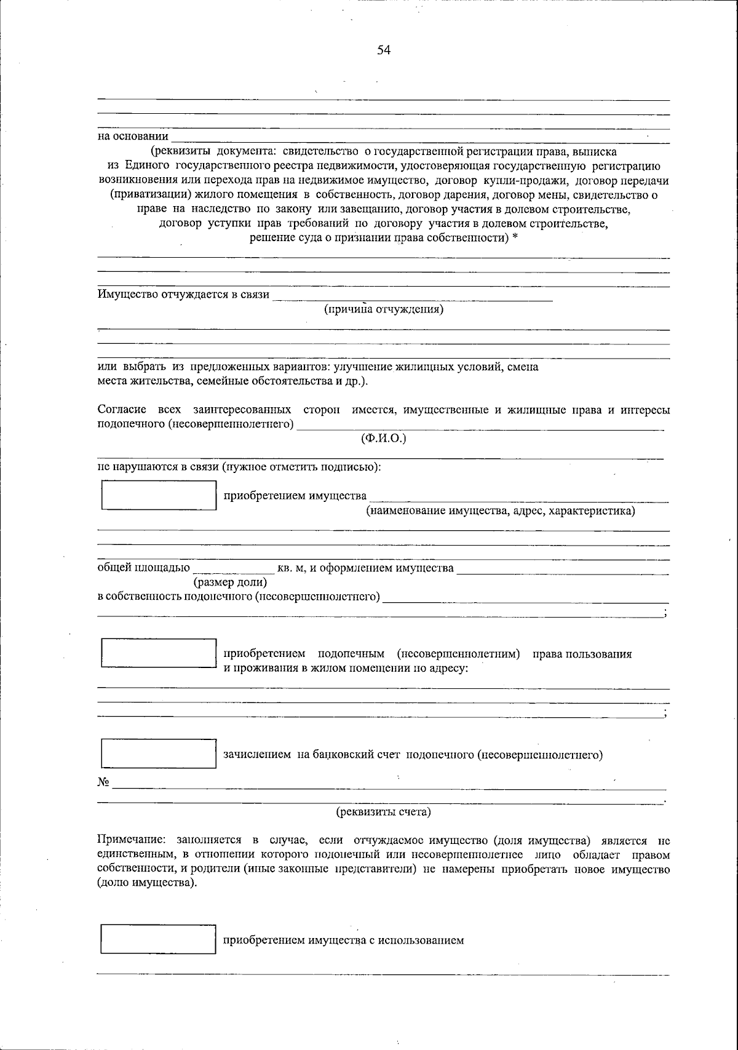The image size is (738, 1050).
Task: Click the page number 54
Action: (x=384, y=50)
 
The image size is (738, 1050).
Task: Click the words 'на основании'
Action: (x=133, y=137)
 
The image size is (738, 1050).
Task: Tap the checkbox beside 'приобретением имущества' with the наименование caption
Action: (x=159, y=495)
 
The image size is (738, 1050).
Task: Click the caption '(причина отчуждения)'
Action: (x=384, y=309)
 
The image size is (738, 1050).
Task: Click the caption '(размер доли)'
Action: (x=230, y=582)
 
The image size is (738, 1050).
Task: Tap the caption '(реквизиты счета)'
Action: (x=383, y=812)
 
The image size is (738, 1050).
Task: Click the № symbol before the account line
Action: (x=103, y=782)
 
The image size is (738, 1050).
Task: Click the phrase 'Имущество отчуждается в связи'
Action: (x=183, y=294)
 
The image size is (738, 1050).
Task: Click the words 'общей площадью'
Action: (x=144, y=568)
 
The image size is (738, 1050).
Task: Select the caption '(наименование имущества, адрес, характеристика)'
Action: (x=501, y=511)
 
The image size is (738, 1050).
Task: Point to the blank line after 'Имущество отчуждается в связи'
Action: (x=412, y=298)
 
